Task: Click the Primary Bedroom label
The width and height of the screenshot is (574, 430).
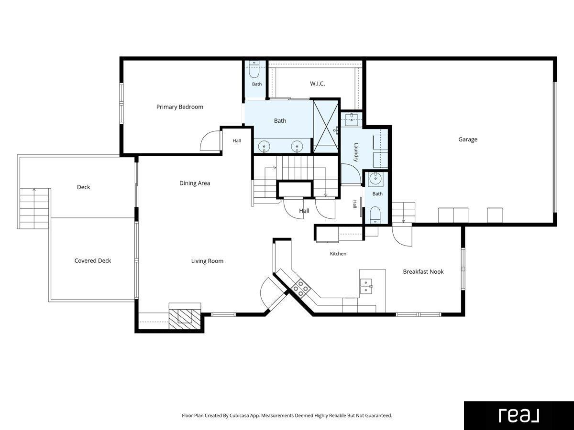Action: click(x=180, y=107)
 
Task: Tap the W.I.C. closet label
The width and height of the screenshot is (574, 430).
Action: click(x=318, y=84)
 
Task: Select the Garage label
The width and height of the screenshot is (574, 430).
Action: click(x=467, y=140)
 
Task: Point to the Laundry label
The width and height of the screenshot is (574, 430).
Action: click(x=356, y=152)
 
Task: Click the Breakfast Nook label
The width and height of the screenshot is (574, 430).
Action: click(x=423, y=271)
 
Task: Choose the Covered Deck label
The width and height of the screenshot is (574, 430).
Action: click(x=93, y=260)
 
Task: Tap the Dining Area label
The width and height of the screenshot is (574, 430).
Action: click(x=195, y=183)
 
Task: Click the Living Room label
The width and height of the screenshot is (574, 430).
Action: click(x=207, y=261)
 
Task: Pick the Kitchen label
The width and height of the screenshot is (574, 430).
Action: click(x=338, y=254)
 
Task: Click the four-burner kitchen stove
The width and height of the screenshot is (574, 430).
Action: click(x=301, y=288)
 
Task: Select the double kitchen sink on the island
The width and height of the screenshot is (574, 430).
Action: click(x=366, y=286)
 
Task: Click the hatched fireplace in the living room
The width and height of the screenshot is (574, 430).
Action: click(x=185, y=319)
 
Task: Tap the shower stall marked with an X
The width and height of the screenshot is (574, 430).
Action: click(x=326, y=127)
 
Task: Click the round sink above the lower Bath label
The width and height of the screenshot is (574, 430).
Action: click(x=375, y=179)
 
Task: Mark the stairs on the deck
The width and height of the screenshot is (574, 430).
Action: click(x=34, y=208)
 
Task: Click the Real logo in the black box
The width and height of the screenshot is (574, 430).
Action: click(x=519, y=415)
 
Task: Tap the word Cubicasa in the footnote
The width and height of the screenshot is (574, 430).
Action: click(x=239, y=415)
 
